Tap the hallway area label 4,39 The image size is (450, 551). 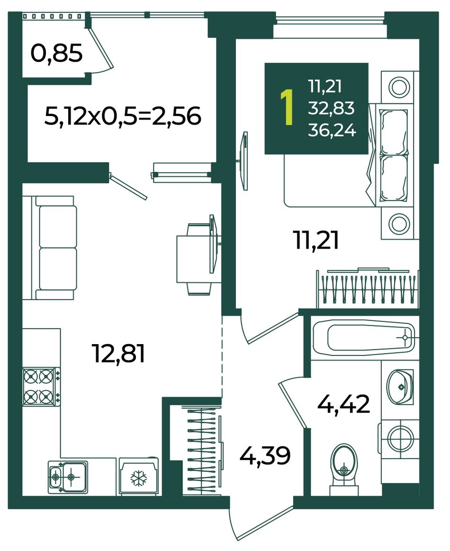(265, 455)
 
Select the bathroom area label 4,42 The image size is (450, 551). (343, 404)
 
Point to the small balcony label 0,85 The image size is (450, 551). (56, 53)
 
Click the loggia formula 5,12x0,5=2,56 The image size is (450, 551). (123, 116)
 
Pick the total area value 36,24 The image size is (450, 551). (332, 130)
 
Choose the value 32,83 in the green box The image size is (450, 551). (331, 108)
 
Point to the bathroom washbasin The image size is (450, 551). (400, 386)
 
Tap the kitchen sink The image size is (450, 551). (67, 477)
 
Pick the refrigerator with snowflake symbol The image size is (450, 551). (138, 476)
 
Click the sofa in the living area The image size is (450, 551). (49, 248)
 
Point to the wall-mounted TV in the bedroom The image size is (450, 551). (243, 161)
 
